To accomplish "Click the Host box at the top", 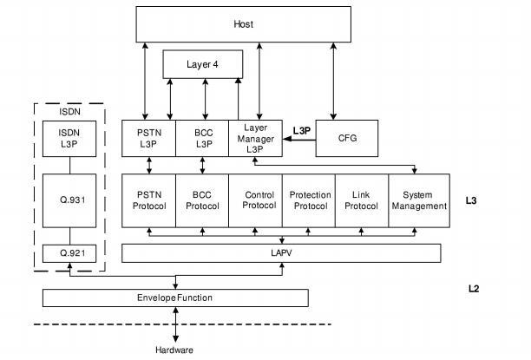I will pos(244,23).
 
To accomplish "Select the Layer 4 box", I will pos(203,64).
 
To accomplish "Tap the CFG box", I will pos(347,138).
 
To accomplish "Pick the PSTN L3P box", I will pos(149,138).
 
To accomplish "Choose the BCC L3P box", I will pos(202,138).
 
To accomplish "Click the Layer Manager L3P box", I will pos(255,138).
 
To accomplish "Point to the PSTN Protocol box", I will pos(149,200).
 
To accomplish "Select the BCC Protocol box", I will pos(202,200).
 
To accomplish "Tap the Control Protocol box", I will pos(255,200).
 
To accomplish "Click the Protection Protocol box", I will pos(309,200).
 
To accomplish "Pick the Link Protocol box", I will pos(362,200).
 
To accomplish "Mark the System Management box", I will pos(418,200).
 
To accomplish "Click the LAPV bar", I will pos(280,252).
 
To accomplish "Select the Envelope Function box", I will pos(175,298).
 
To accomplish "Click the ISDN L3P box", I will pos(69,138).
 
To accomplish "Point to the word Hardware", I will pos(174,350).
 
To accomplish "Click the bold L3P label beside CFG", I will pos(301,131).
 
